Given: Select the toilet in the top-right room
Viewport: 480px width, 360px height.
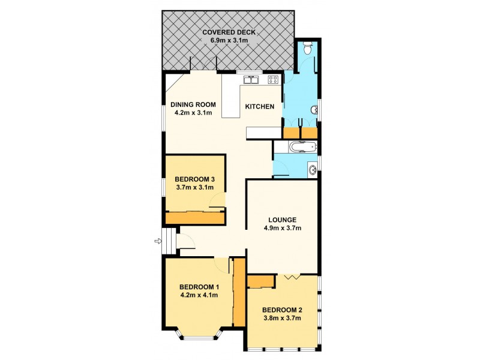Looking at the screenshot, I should click(307, 47).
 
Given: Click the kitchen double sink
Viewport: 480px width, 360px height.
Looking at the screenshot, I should click(250, 79).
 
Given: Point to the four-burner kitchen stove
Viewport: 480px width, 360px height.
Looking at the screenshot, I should click(273, 79).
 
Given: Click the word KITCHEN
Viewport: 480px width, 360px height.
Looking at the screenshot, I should click(259, 107).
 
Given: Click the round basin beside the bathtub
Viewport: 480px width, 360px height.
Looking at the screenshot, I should click(312, 170).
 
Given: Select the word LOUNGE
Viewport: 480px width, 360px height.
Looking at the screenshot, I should click(282, 219).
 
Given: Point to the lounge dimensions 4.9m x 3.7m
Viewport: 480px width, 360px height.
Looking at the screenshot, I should click(282, 228).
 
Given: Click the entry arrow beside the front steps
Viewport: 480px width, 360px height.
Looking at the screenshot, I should click(158, 241).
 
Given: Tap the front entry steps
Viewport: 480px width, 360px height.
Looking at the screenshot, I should click(170, 242).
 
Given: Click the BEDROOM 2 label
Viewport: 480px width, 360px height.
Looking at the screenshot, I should click(281, 310).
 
